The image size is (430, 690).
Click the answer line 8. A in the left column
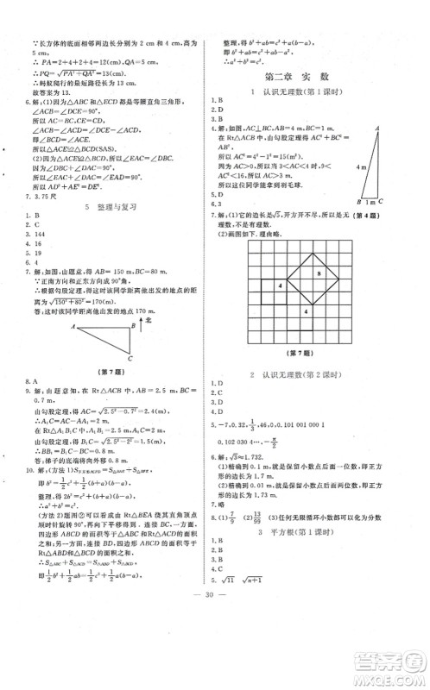[32, 380]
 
